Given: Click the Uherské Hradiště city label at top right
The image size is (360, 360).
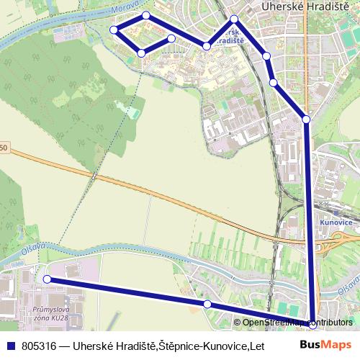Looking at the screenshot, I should pyautogui.click(x=305, y=6).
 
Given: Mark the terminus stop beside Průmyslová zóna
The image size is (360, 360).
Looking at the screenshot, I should pyautogui.click(x=47, y=279).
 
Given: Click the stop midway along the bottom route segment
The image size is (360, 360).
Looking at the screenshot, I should pyautogui.click(x=207, y=305).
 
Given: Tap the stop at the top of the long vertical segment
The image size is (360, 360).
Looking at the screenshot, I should pyautogui.click(x=306, y=119).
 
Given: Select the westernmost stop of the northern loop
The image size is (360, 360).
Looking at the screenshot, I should pyautogui.click(x=114, y=30).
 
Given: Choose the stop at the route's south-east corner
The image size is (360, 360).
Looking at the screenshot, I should pyautogui.click(x=312, y=325).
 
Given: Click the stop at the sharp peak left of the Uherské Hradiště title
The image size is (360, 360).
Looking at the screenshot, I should pyautogui.click(x=235, y=19).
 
